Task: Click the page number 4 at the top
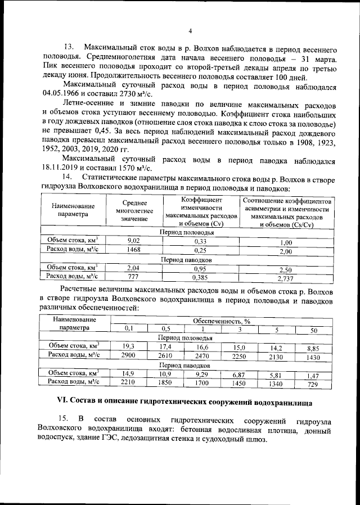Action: pos(190,30)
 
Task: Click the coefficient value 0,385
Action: pos(200,277)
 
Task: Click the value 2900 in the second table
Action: pos(129,357)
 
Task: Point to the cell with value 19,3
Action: pos(129,347)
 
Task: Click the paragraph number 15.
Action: pos(64,421)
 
